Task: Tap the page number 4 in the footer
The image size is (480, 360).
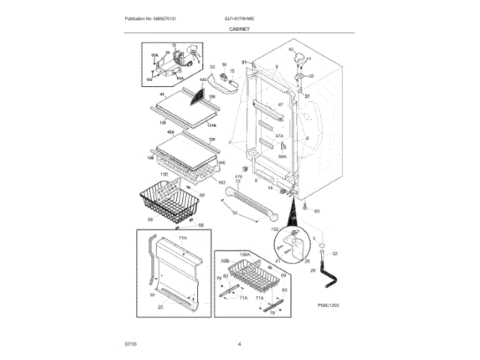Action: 239,343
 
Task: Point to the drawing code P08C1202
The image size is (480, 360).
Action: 329,305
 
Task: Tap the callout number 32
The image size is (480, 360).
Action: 334,253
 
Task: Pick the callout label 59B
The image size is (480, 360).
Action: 224,261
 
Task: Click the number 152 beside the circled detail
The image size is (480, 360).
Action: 274,228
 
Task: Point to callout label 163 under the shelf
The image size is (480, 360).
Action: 221,182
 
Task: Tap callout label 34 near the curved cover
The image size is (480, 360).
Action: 212,67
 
